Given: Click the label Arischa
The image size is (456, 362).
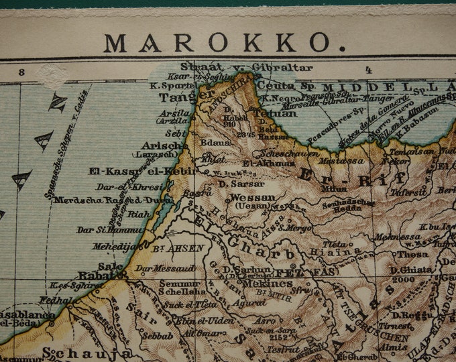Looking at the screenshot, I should (164, 145).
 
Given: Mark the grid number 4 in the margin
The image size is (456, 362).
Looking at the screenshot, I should (368, 69).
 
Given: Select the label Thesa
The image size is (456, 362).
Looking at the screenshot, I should (412, 254).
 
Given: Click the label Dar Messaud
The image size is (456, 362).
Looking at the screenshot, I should (157, 268).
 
